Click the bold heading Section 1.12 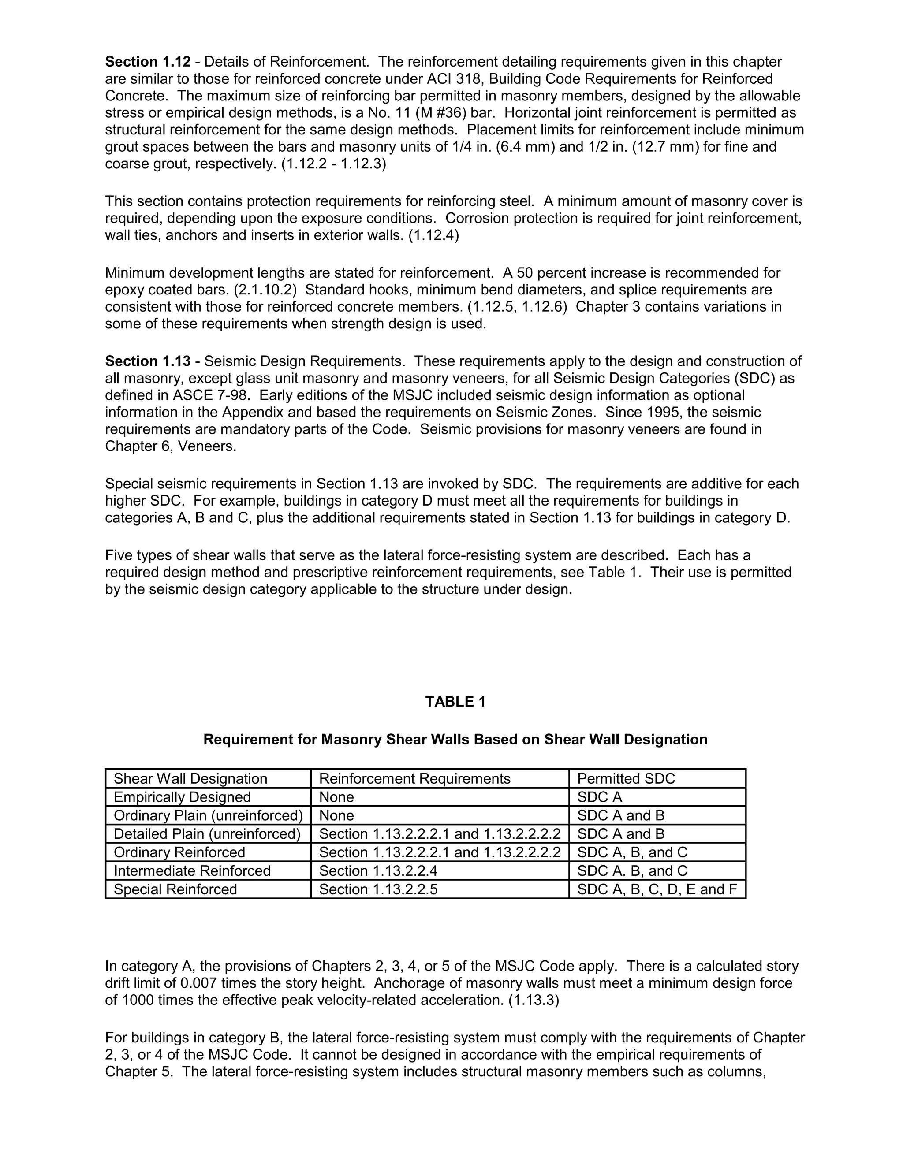(x=148, y=62)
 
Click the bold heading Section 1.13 (x=148, y=361)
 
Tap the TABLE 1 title (x=455, y=702)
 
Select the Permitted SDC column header (x=626, y=779)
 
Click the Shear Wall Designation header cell (x=190, y=779)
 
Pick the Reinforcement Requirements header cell (x=414, y=779)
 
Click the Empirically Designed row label (x=182, y=797)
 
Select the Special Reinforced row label (x=175, y=889)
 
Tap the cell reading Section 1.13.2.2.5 (x=378, y=889)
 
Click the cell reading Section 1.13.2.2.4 (x=378, y=871)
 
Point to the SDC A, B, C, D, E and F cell (x=657, y=889)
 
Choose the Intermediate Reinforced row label (x=192, y=871)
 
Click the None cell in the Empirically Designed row (x=336, y=797)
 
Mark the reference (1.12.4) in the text (x=433, y=236)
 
